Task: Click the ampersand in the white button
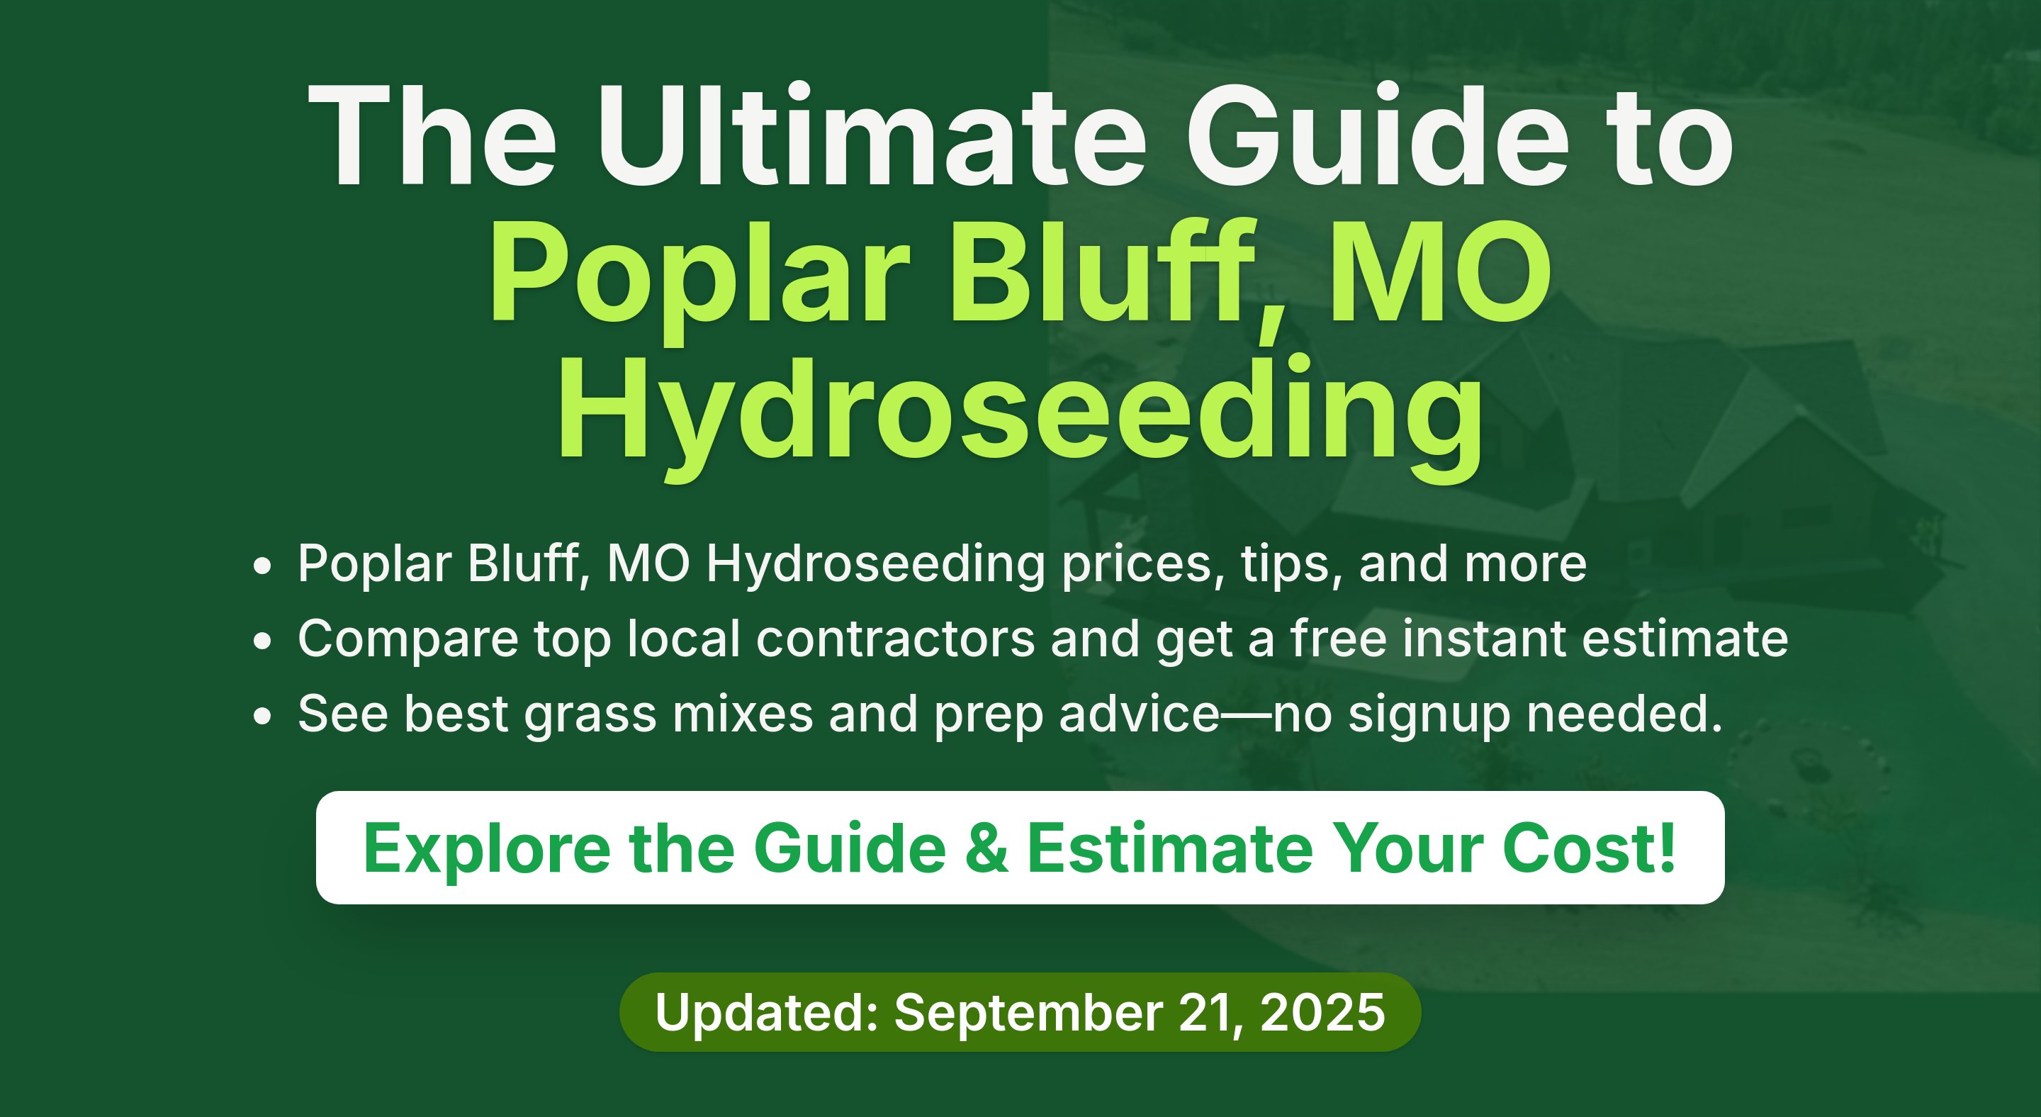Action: (x=986, y=848)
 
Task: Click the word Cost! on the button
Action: (x=1589, y=848)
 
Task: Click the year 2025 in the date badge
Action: (x=1322, y=1012)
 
